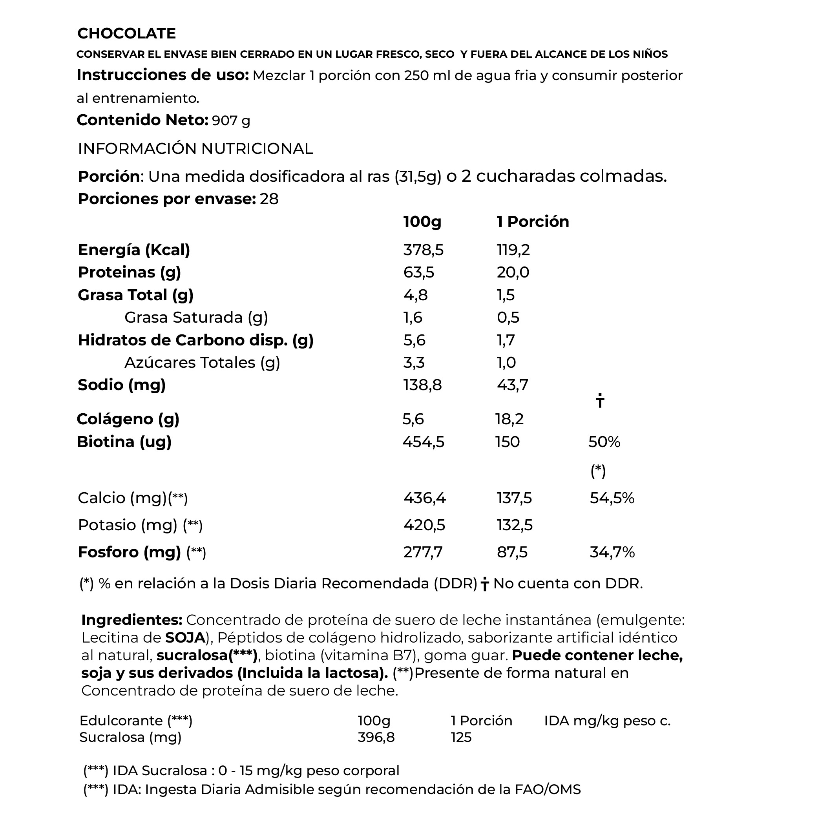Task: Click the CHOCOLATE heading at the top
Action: [x=126, y=33]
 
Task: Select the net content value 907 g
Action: [x=231, y=121]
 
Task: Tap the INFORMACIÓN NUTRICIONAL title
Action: [x=195, y=149]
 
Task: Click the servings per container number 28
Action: [x=269, y=199]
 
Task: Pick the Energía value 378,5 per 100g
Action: [x=423, y=250]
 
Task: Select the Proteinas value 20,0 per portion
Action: [x=513, y=272]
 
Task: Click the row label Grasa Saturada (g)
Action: [x=196, y=318]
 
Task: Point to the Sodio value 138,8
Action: [x=422, y=385]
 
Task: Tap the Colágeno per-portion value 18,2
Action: [x=509, y=419]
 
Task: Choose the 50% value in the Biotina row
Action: [x=604, y=442]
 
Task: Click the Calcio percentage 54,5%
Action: [x=612, y=498]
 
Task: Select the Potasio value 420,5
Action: [x=424, y=526]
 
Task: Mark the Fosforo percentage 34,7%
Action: [x=612, y=553]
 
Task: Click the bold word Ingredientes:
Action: [x=131, y=620]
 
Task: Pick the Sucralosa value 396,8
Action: [x=376, y=737]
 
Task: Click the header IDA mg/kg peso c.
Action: [x=607, y=721]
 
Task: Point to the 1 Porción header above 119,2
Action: [x=533, y=222]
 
